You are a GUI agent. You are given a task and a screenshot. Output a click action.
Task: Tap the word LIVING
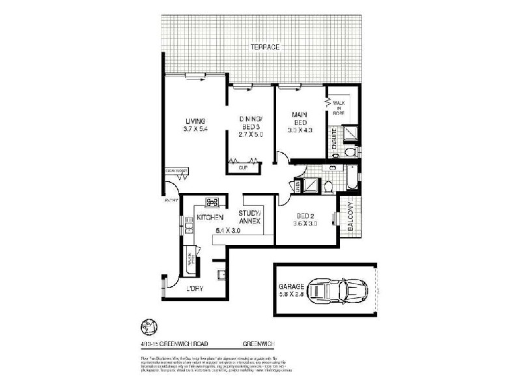pos(195,121)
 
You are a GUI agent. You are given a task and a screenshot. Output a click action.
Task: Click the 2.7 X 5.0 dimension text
pos(251,135)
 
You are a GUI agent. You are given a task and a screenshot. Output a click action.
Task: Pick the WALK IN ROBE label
pos(339,108)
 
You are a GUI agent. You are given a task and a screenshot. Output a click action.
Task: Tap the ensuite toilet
pos(350,152)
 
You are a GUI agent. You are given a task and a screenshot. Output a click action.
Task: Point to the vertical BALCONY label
pos(350,218)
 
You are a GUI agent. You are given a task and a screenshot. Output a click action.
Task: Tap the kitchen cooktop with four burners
pos(212,202)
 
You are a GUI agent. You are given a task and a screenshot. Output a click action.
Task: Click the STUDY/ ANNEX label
pos(250,217)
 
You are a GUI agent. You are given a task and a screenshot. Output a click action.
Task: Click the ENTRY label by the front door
pos(171,201)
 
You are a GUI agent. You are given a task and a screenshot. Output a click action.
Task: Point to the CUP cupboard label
pos(243,167)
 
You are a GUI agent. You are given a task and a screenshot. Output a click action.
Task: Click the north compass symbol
pos(148,326)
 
